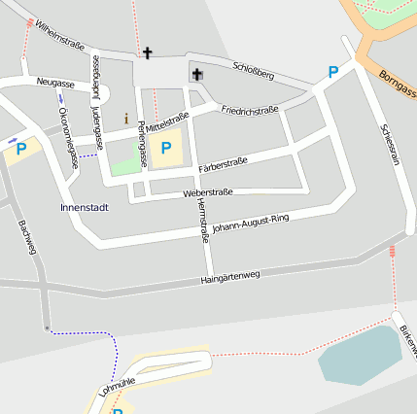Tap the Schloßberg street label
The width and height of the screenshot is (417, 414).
tap(254, 69)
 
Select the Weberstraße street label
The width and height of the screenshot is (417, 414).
tap(207, 193)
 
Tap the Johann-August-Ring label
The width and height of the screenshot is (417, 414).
tap(251, 224)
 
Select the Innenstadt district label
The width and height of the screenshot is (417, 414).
tap(85, 208)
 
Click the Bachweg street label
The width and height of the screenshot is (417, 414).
tap(27, 237)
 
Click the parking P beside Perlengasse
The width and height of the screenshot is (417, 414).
tap(166, 148)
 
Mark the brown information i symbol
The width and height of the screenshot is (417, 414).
tap(125, 119)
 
